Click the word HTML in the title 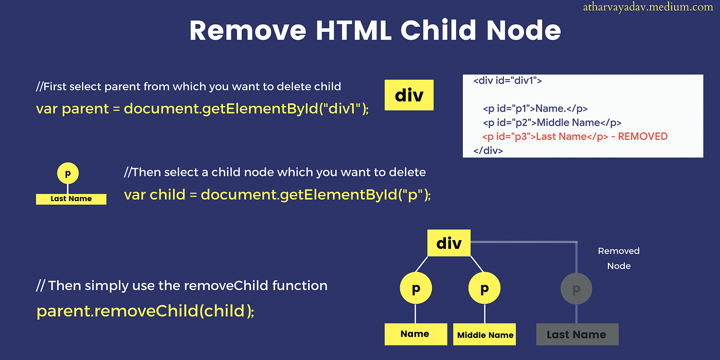(x=354, y=30)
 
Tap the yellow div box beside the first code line (x=409, y=95)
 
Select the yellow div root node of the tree (x=448, y=243)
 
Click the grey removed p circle (x=577, y=289)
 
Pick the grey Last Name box (x=577, y=334)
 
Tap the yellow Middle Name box (x=484, y=334)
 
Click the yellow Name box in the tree (x=416, y=334)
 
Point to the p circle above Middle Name (x=484, y=288)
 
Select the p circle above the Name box (x=416, y=288)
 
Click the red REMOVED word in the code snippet (x=643, y=137)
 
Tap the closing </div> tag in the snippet (x=488, y=150)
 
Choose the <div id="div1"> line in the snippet (x=508, y=81)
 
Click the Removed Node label (x=619, y=258)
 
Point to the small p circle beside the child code (x=68, y=173)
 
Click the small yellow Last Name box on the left (x=71, y=199)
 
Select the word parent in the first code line (x=85, y=109)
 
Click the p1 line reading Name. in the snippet (x=535, y=109)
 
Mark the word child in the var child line (x=168, y=194)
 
